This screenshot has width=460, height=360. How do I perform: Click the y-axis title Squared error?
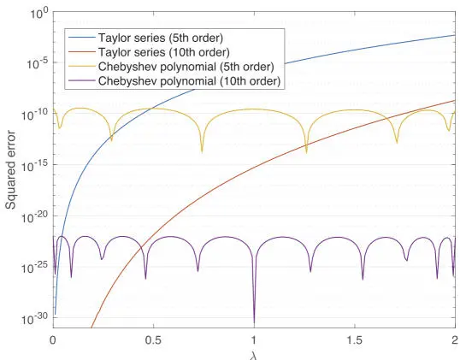10,170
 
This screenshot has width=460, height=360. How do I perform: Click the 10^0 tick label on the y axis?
36,15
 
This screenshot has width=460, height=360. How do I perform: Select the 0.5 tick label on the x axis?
154,339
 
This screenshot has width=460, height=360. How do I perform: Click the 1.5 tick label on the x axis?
354,339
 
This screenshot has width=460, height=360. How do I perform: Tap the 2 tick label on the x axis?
454,339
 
